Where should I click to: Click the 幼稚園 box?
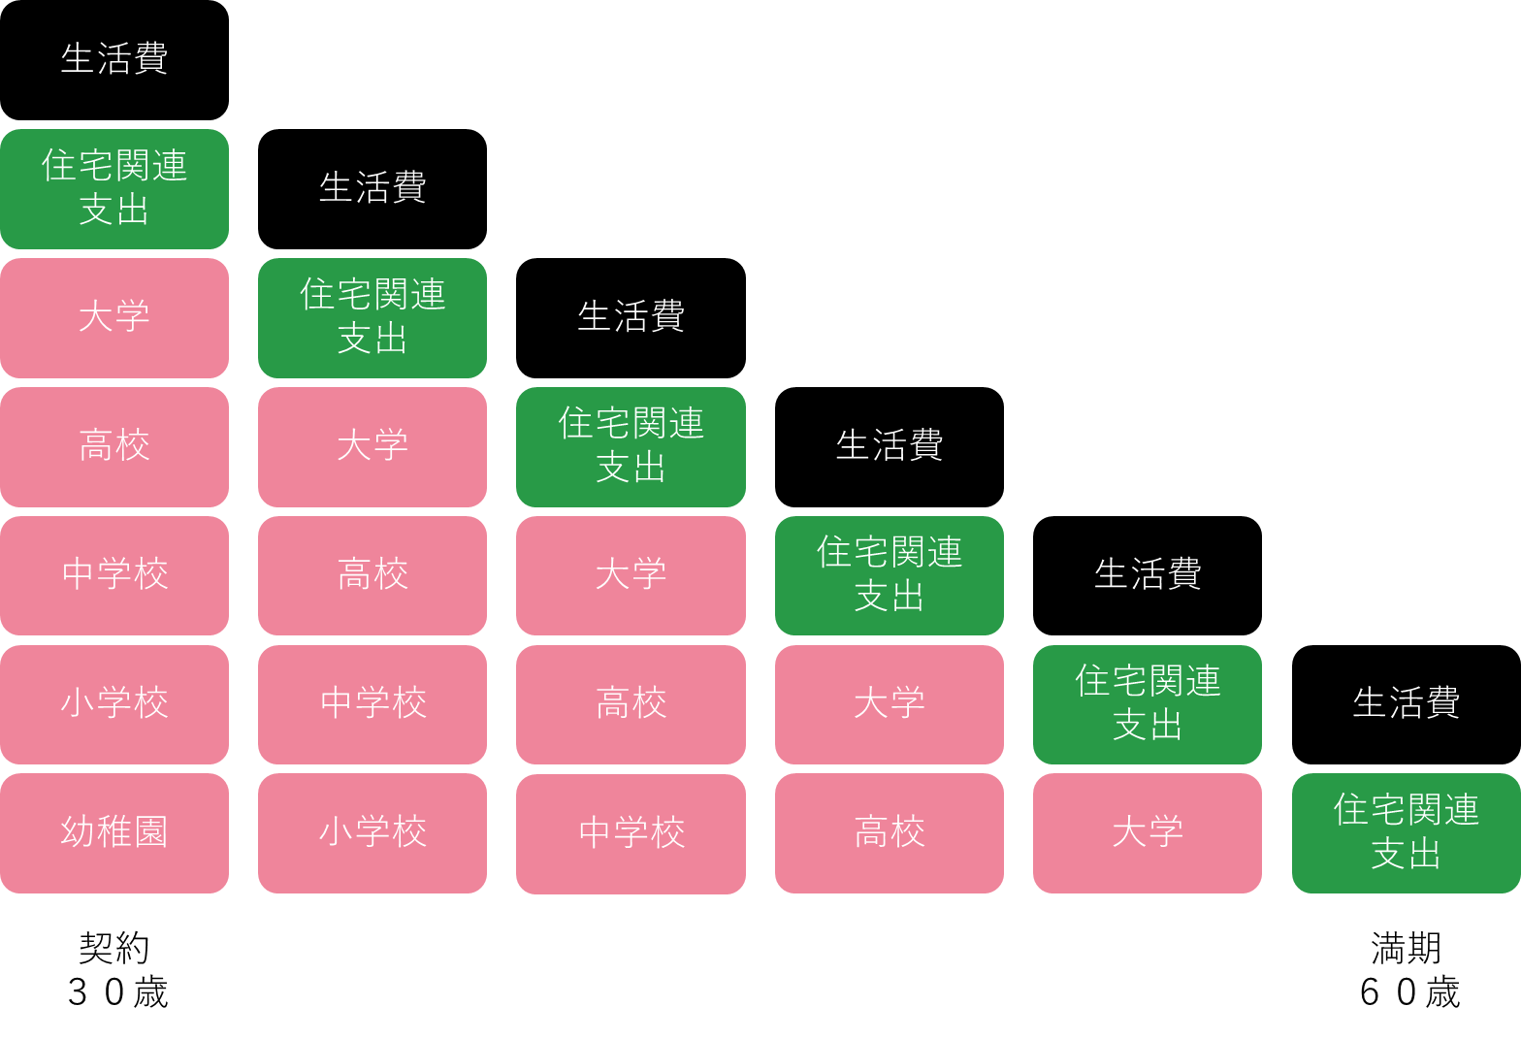(114, 833)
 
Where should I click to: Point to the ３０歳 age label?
(117, 992)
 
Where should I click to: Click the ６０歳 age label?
(1409, 992)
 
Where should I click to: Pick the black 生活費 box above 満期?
(1407, 705)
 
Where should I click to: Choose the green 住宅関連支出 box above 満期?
(1407, 833)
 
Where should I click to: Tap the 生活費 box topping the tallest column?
(114, 60)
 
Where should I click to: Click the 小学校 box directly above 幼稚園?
(114, 705)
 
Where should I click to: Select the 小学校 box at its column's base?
(372, 833)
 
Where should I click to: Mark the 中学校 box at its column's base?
(631, 834)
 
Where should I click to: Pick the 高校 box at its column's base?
(890, 833)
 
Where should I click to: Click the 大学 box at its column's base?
(1148, 833)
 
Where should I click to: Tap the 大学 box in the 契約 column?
(114, 318)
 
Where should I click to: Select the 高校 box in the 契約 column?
(114, 447)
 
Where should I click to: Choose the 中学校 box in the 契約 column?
(114, 576)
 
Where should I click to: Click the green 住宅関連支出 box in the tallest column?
(114, 189)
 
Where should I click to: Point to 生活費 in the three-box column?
(1148, 576)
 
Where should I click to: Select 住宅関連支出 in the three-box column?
(1148, 705)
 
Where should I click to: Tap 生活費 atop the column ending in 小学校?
(372, 189)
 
